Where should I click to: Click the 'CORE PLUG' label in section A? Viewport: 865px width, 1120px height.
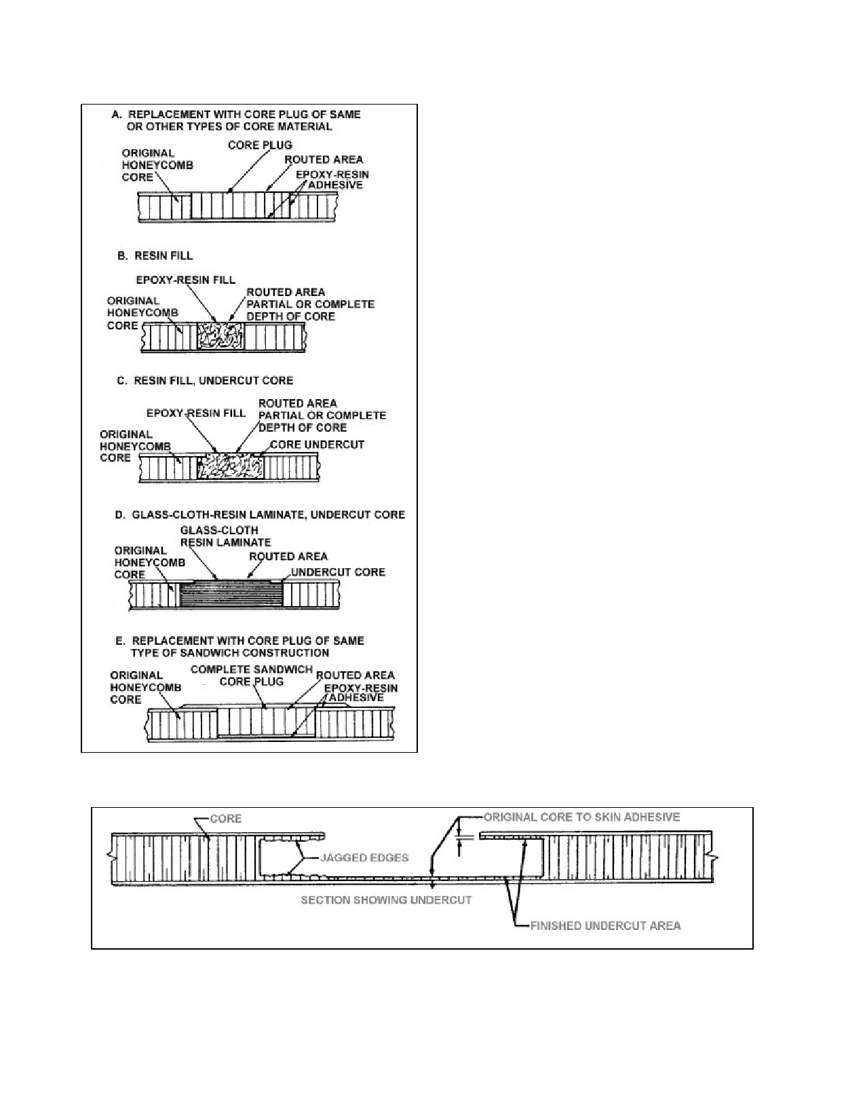pyautogui.click(x=260, y=145)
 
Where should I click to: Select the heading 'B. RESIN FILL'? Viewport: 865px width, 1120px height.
pyautogui.click(x=155, y=256)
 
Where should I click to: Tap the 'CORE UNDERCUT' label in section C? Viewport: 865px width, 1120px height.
pyautogui.click(x=317, y=445)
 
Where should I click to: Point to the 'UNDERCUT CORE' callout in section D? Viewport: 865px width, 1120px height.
pyautogui.click(x=338, y=572)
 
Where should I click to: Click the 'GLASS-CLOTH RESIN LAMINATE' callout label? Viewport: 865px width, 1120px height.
pyautogui.click(x=225, y=536)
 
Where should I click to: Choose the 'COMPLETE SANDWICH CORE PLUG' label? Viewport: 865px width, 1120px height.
pyautogui.click(x=252, y=675)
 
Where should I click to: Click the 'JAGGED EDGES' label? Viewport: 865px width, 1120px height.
pyautogui.click(x=364, y=858)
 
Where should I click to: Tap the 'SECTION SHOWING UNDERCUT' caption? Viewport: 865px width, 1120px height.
pyautogui.click(x=386, y=900)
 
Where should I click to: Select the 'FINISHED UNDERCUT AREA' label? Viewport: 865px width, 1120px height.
pyautogui.click(x=605, y=926)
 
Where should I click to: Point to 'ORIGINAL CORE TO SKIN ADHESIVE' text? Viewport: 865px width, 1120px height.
pyautogui.click(x=581, y=817)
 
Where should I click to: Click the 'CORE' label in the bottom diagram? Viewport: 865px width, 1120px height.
pyautogui.click(x=226, y=819)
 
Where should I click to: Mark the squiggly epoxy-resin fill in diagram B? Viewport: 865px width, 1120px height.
pyautogui.click(x=220, y=336)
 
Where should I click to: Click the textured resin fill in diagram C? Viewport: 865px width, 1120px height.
pyautogui.click(x=231, y=466)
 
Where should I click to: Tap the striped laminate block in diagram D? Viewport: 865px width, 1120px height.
pyautogui.click(x=231, y=595)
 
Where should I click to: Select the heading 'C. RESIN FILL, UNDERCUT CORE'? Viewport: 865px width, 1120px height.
pyautogui.click(x=205, y=380)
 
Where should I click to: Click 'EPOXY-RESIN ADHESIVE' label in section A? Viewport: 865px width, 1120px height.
pyautogui.click(x=332, y=180)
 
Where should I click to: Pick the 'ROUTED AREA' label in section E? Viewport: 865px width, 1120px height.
pyautogui.click(x=355, y=675)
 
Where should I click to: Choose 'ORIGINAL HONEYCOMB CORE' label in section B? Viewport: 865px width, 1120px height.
pyautogui.click(x=142, y=313)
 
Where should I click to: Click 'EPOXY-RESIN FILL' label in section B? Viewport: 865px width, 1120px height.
pyautogui.click(x=185, y=280)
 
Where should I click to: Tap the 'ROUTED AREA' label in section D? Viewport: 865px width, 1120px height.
pyautogui.click(x=288, y=557)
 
